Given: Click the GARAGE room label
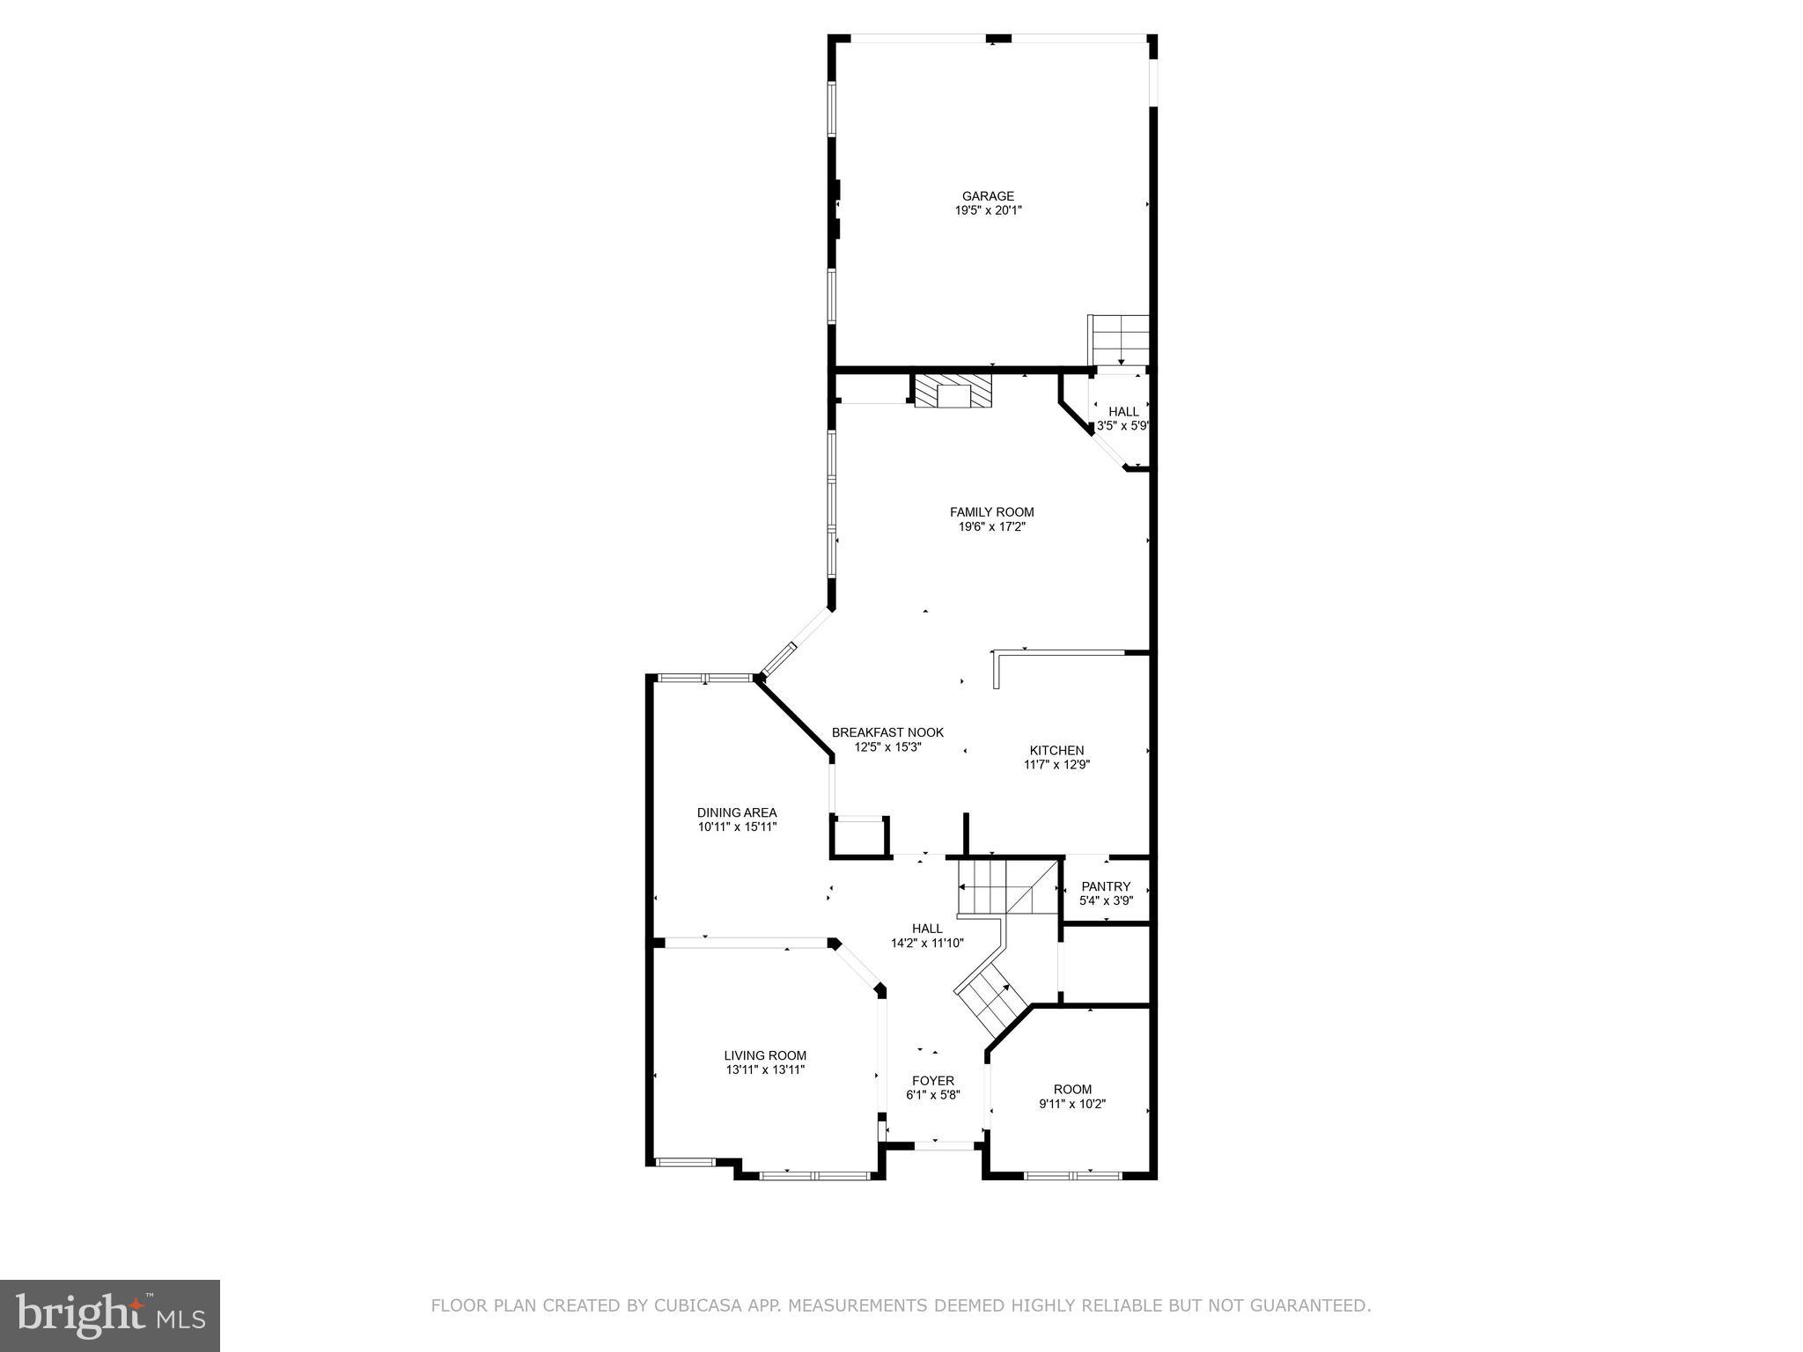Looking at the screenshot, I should [988, 196].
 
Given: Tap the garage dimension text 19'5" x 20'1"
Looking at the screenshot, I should [988, 211].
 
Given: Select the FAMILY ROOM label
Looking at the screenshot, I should [991, 512].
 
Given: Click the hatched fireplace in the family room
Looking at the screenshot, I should [953, 391].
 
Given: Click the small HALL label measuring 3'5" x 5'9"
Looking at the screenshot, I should [1122, 412].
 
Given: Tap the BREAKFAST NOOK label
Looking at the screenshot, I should [887, 732].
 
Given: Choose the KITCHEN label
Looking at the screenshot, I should [1056, 751].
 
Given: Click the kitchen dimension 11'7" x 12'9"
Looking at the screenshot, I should [1056, 765].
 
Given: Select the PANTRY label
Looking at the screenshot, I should [1106, 886].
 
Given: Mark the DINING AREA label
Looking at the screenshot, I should [737, 812].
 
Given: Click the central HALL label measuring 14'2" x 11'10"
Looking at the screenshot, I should [927, 929].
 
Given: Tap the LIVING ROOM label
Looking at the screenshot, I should [765, 1055].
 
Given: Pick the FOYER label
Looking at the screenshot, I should [932, 1081].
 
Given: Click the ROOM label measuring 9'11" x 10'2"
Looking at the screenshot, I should [1072, 1089].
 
